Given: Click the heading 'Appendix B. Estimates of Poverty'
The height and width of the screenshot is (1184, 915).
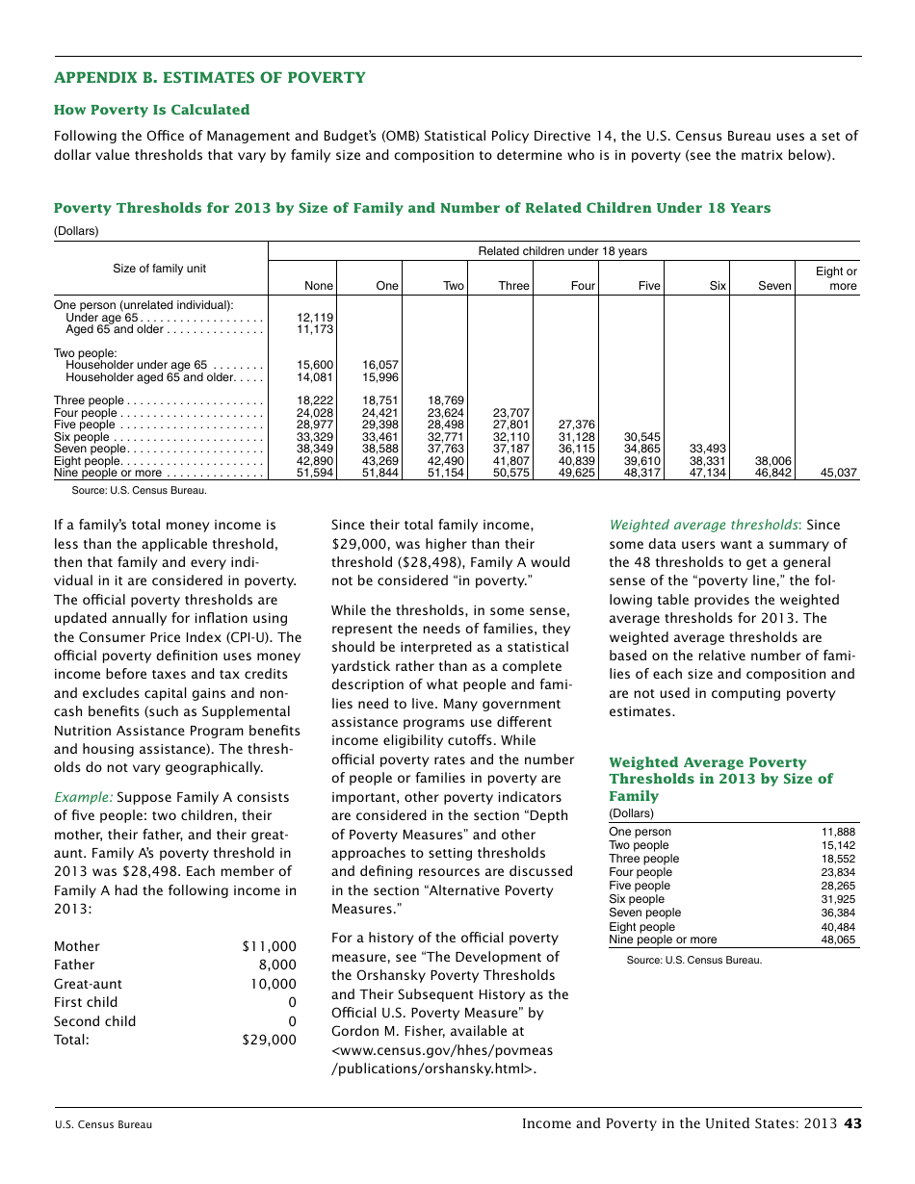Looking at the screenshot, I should pos(209,78).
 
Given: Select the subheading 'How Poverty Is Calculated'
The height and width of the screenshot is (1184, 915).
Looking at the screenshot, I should pos(151,110).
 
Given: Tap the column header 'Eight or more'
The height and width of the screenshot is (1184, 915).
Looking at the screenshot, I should pos(835,278).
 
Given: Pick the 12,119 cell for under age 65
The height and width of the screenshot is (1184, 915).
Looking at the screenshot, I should pos(315,318).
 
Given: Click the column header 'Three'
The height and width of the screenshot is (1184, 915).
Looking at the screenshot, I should pos(513,286).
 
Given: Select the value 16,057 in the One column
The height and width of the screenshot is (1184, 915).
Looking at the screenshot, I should pos(380,366).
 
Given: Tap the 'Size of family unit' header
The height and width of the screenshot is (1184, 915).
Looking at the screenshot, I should pos(159,269).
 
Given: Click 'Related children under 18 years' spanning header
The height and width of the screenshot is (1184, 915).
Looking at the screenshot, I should pos(562,251).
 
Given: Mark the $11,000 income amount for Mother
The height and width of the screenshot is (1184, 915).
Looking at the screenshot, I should pos(270,946).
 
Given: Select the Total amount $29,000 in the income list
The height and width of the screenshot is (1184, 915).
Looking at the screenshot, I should pos(270,1040).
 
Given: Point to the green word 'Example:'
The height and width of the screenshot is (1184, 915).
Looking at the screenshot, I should pos(83,797).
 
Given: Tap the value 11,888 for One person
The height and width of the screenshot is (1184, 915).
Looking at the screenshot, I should pos(837,832).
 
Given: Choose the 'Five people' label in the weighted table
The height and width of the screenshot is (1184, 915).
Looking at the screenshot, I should pos(640,886).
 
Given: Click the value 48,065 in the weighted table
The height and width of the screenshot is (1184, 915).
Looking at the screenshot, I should pos(837,939).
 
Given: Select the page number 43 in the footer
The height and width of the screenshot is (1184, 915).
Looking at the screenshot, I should pos(852,1123).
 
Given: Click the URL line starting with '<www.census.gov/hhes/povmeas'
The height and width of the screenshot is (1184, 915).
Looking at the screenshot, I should pos(442,1049).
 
